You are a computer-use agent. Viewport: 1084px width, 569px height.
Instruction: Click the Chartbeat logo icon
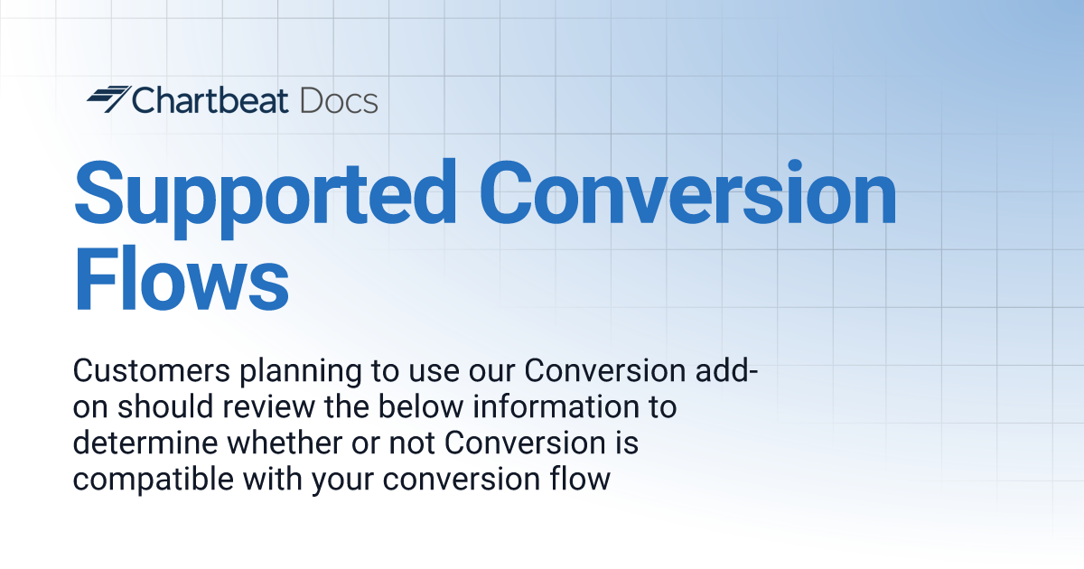[107, 99]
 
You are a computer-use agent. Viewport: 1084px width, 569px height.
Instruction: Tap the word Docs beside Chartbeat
[339, 100]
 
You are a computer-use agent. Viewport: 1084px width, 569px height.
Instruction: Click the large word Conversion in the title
[687, 194]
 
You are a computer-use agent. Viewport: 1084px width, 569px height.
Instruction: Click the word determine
[140, 443]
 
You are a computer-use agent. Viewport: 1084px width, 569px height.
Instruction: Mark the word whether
[276, 443]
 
